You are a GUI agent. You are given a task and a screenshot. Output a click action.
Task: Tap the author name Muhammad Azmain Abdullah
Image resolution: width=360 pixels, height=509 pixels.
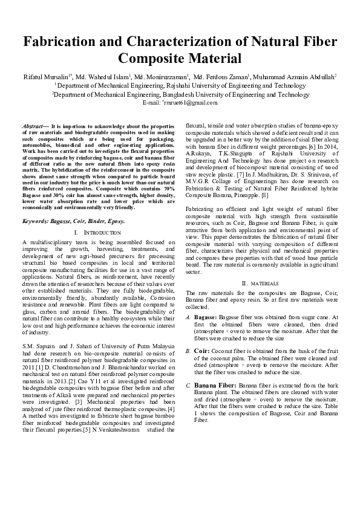tap(297, 77)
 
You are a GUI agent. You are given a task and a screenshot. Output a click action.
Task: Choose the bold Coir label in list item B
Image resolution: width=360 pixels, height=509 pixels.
tap(202, 351)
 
